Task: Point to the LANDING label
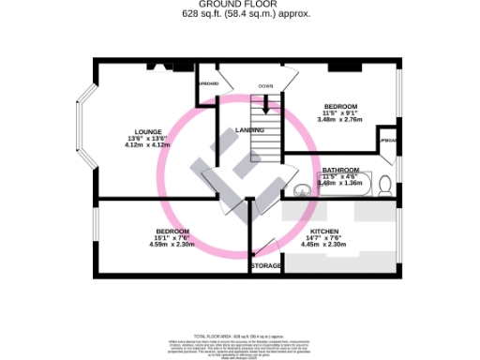click(x=249, y=129)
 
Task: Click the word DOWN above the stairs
click(x=265, y=86)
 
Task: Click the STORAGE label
click(x=266, y=266)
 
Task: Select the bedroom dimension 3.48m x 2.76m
click(x=338, y=120)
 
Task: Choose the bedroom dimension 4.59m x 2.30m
click(x=172, y=245)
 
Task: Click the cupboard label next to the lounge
click(x=207, y=83)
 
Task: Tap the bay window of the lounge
click(x=84, y=131)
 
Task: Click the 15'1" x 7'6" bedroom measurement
click(x=172, y=238)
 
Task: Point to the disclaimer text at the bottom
click(x=240, y=342)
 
